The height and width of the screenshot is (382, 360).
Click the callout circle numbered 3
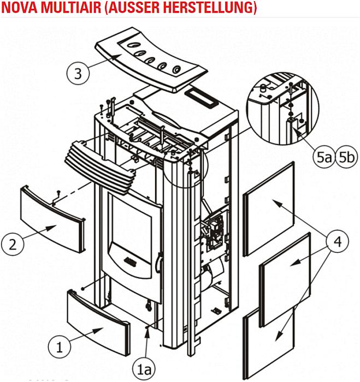coord(79,73)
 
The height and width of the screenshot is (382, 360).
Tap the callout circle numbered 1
coord(60,345)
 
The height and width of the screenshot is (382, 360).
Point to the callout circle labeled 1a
coord(146,369)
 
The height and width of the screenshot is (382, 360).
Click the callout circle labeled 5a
coord(323,158)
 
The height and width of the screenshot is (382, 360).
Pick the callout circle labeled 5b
coord(346,158)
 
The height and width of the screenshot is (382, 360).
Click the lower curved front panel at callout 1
coord(98,317)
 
